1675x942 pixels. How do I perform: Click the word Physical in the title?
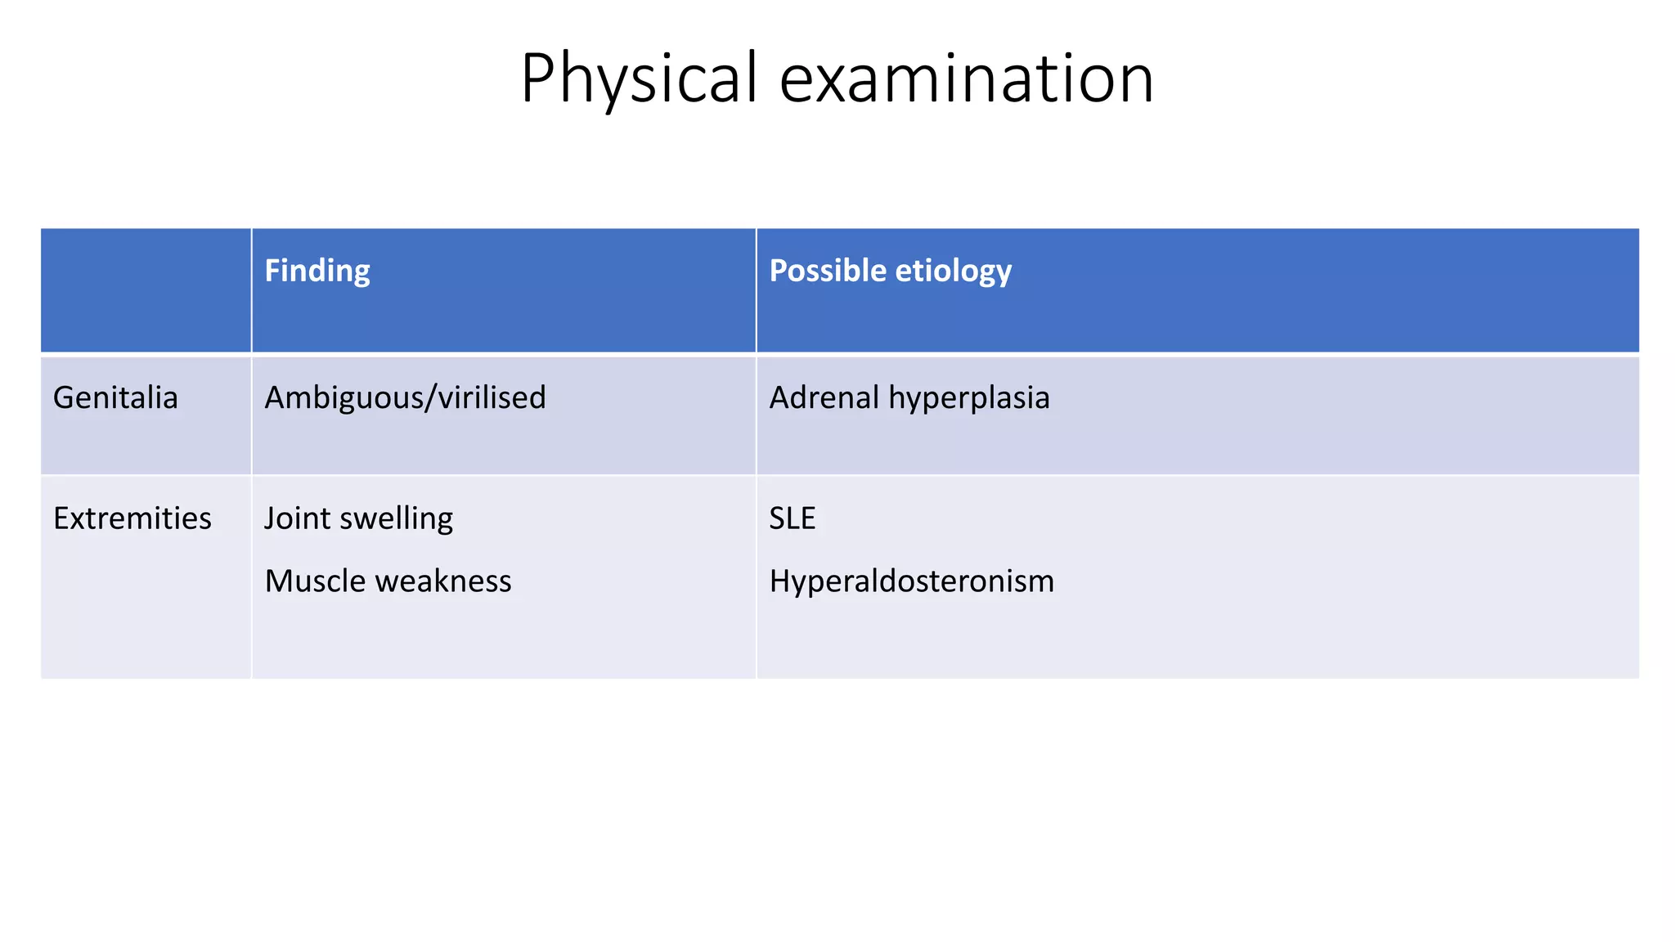pyautogui.click(x=639, y=78)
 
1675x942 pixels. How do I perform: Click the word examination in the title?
pyautogui.click(x=967, y=78)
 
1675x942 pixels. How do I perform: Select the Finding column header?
pyautogui.click(x=317, y=271)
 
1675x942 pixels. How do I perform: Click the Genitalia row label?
pyautogui.click(x=115, y=397)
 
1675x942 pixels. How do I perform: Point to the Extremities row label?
pyautogui.click(x=132, y=518)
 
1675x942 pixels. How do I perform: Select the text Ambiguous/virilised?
pyautogui.click(x=405, y=397)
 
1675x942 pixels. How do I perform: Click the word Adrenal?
pyautogui.click(x=824, y=397)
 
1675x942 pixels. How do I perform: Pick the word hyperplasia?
pyautogui.click(x=969, y=399)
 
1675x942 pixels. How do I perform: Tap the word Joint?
pyautogui.click(x=295, y=518)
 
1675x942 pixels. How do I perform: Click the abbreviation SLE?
pyautogui.click(x=793, y=518)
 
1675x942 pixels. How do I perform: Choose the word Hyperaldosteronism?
pyautogui.click(x=912, y=581)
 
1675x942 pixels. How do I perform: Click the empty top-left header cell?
pyautogui.click(x=146, y=290)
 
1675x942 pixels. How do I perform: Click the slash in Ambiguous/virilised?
pyautogui.click(x=431, y=398)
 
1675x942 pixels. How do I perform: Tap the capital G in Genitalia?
pyautogui.click(x=64, y=397)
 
